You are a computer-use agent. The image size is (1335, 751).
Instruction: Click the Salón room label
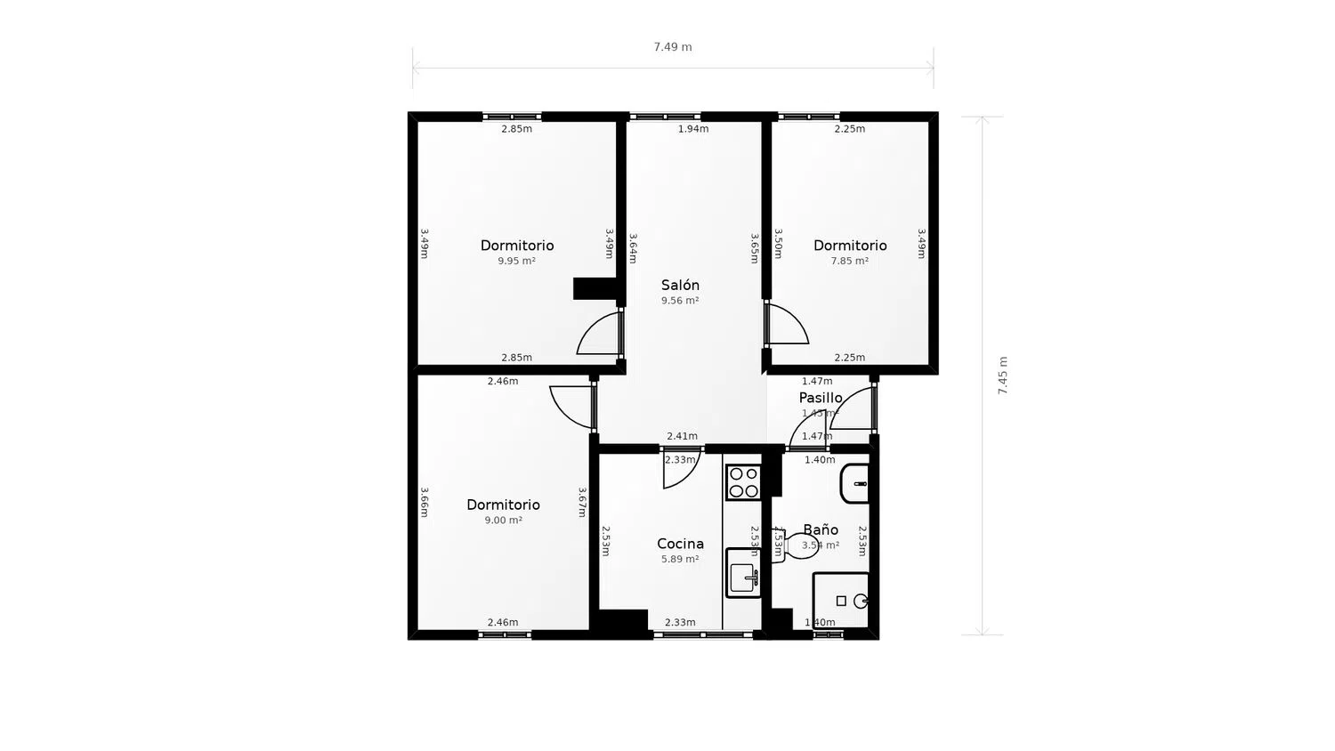[x=680, y=286]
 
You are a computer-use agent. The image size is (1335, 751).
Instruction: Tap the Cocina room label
[x=680, y=544]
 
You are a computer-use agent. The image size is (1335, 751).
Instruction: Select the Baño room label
[x=821, y=529]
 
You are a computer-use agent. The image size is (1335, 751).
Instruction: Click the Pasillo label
[x=820, y=398]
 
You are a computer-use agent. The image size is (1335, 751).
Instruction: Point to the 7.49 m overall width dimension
[x=672, y=47]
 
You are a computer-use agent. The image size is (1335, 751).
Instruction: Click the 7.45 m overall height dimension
[x=1003, y=375]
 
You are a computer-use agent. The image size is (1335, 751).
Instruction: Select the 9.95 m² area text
[x=516, y=262]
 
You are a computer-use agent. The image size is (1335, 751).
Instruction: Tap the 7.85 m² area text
[x=849, y=262]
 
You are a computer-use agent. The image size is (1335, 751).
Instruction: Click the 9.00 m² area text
[x=503, y=521]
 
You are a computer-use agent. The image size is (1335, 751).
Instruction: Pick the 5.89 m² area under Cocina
[x=680, y=560]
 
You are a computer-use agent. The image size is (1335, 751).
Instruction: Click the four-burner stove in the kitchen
[x=743, y=482]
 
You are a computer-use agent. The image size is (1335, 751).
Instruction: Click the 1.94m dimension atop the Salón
[x=693, y=129]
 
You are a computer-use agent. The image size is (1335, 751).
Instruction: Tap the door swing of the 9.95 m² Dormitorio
[x=601, y=335]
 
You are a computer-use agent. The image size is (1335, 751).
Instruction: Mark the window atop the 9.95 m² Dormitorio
[x=512, y=117]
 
